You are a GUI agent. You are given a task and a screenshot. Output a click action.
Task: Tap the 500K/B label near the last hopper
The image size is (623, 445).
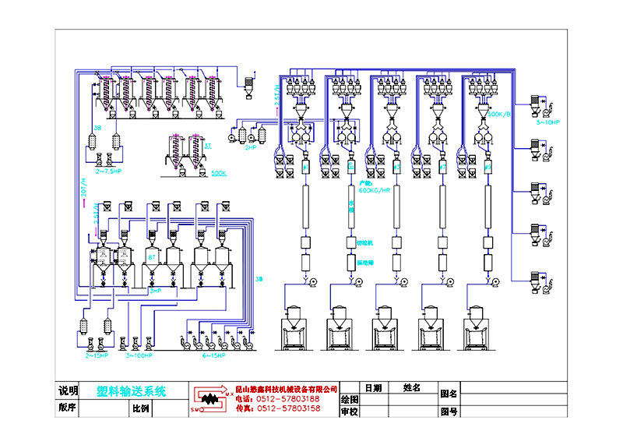pos(499,114)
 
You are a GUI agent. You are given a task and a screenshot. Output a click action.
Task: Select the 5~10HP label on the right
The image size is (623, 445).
pos(547,122)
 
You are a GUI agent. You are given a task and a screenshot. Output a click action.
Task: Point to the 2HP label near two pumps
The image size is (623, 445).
pos(251,147)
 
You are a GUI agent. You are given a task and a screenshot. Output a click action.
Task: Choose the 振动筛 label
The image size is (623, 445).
pos(366,263)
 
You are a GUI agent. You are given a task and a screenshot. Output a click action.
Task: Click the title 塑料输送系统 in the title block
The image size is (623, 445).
pos(131,392)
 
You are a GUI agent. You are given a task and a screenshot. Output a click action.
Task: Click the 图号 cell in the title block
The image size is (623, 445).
pos(449,411)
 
